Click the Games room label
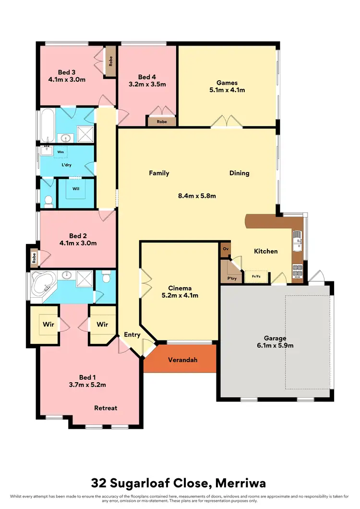[x=227, y=82]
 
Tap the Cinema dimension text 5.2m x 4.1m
[x=180, y=295]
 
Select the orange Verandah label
[x=182, y=360]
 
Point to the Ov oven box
[x=226, y=249]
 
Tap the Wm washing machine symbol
[x=61, y=152]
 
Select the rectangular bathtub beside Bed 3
[x=47, y=125]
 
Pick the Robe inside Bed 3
[x=110, y=61]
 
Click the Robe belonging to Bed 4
[x=162, y=122]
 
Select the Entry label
[x=132, y=335]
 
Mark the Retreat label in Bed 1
[x=106, y=408]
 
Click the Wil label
[x=76, y=189]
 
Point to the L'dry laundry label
[x=67, y=165]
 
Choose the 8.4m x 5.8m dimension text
[x=197, y=195]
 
